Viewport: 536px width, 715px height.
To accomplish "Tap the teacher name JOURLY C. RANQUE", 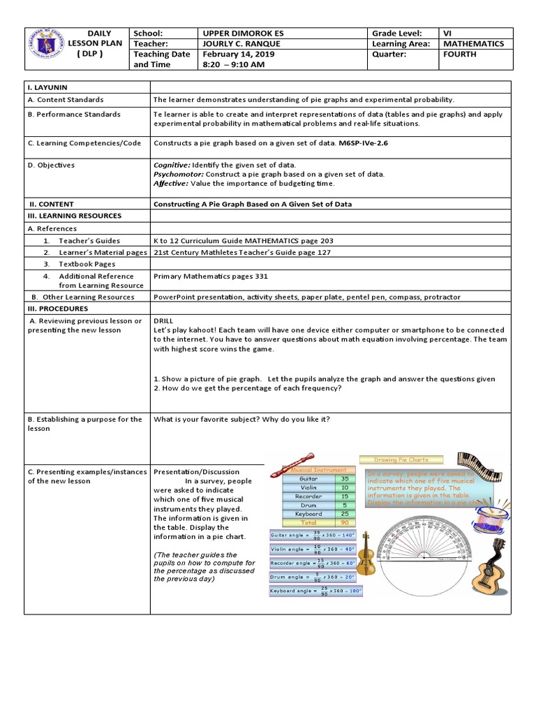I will (x=241, y=43).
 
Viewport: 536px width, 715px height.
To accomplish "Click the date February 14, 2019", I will (x=234, y=54).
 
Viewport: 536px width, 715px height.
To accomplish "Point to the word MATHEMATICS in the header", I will (x=473, y=43).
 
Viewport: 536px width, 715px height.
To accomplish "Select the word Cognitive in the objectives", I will (x=172, y=165).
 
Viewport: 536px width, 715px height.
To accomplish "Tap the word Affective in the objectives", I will (x=171, y=183).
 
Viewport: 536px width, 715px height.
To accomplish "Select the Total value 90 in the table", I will (x=344, y=522).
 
